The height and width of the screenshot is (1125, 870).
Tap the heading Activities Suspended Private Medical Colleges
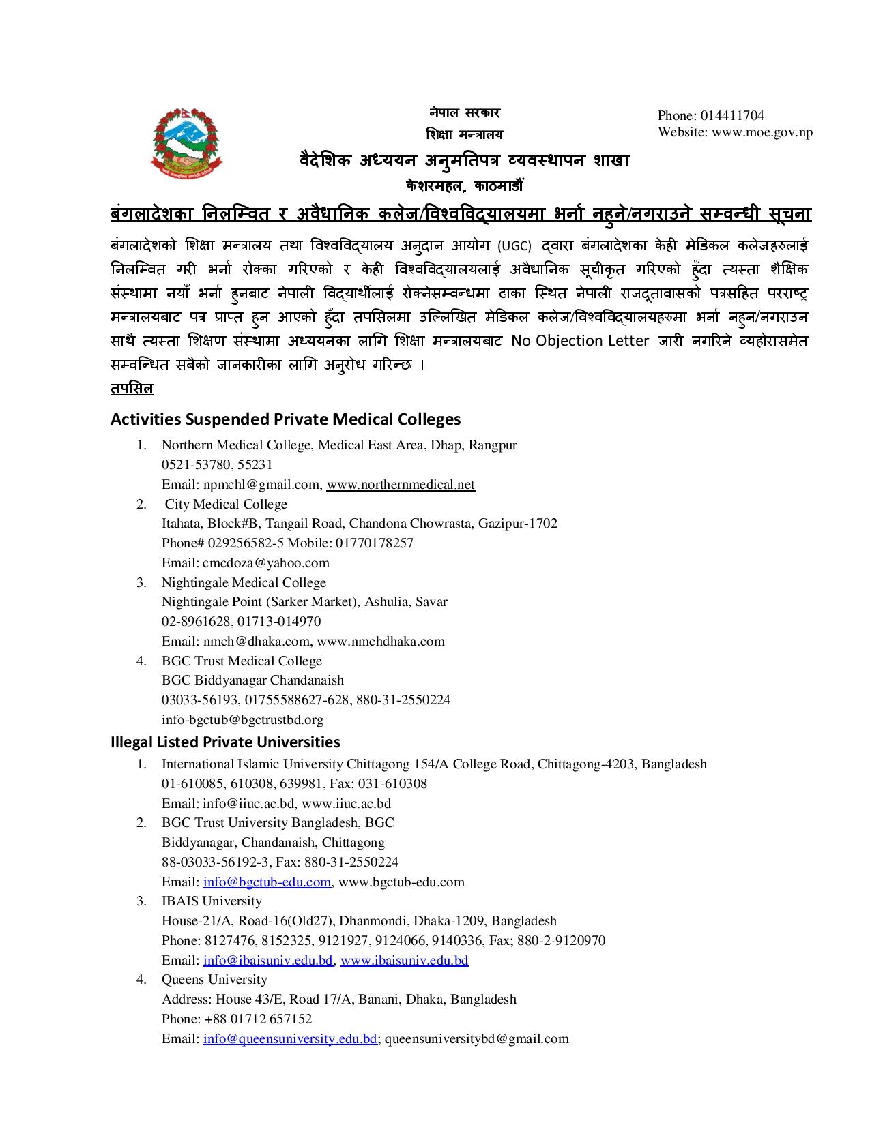click(x=285, y=419)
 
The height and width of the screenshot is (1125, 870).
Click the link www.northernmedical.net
click(x=401, y=485)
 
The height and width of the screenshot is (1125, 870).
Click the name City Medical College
click(x=226, y=505)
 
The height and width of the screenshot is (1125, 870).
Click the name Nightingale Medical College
click(x=244, y=583)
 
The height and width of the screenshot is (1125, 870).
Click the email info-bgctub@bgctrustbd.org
click(x=242, y=720)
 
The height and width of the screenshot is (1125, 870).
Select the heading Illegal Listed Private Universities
click(x=225, y=742)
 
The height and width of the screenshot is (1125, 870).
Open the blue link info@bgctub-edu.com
click(x=267, y=882)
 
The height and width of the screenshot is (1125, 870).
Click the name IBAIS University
click(x=212, y=901)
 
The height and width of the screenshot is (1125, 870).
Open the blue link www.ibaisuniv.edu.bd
click(x=404, y=961)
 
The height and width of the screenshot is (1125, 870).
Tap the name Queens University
click(x=214, y=980)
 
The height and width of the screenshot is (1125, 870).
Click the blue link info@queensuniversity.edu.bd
click(x=290, y=1039)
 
